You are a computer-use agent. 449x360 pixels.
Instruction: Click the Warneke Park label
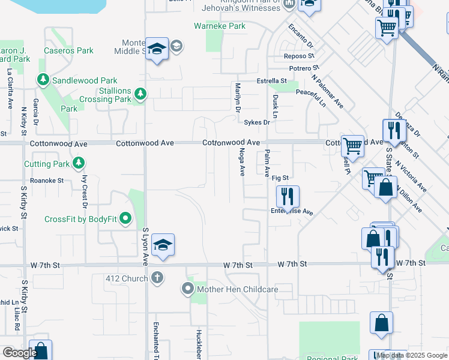point(220,26)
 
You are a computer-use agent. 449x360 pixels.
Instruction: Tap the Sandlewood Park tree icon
point(43,80)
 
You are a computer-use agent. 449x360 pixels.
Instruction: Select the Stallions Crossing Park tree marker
point(140,94)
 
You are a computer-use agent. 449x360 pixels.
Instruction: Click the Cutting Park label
point(47,164)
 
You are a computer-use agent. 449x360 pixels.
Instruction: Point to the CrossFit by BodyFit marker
point(125,219)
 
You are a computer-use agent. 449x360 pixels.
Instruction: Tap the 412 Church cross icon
point(157,278)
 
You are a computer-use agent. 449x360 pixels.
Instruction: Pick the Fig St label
point(280,178)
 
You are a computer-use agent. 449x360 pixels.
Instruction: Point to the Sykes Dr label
point(258,122)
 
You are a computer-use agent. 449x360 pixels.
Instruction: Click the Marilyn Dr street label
point(237,98)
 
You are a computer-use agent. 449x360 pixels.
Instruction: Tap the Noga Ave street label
point(242,162)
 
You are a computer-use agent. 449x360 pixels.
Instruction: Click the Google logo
point(20,353)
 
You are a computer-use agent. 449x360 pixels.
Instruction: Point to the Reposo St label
point(300,56)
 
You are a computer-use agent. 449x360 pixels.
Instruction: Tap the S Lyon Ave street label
point(145,246)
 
